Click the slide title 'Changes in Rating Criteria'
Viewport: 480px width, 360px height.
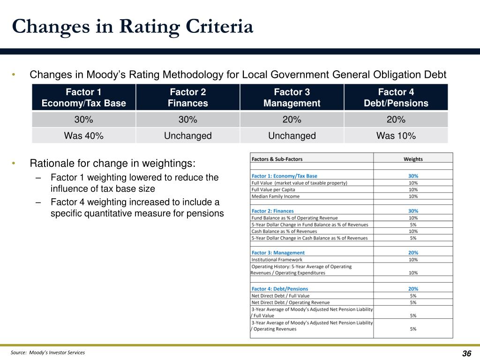click(x=133, y=27)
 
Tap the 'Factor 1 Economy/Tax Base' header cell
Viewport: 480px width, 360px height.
click(x=83, y=97)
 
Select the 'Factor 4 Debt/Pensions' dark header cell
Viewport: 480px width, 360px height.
click(x=396, y=97)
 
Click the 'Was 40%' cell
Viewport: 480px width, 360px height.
click(x=83, y=135)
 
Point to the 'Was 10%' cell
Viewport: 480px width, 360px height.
click(x=396, y=135)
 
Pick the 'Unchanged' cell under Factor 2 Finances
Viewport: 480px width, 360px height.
click(x=187, y=135)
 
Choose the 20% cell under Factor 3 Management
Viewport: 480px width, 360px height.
click(x=292, y=120)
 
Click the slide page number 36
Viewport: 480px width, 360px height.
click(x=466, y=353)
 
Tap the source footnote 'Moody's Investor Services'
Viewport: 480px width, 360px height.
click(x=57, y=352)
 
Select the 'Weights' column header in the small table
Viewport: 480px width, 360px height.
click(x=413, y=159)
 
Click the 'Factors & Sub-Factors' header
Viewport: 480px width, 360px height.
click(x=277, y=159)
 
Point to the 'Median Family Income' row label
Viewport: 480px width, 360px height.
click(x=276, y=196)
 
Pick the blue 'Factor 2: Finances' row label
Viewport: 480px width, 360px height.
click(x=272, y=211)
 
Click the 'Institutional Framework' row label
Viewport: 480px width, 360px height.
click(x=277, y=260)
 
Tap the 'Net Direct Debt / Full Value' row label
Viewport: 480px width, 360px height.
click(x=280, y=296)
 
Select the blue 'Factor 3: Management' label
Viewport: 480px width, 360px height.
click(x=278, y=253)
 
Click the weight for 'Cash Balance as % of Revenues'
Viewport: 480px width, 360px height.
click(x=413, y=232)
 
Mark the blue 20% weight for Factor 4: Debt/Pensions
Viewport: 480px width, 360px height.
click(x=413, y=289)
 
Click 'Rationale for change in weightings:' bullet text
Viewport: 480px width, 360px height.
click(x=112, y=164)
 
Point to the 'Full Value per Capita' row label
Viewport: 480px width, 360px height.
click(x=273, y=189)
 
